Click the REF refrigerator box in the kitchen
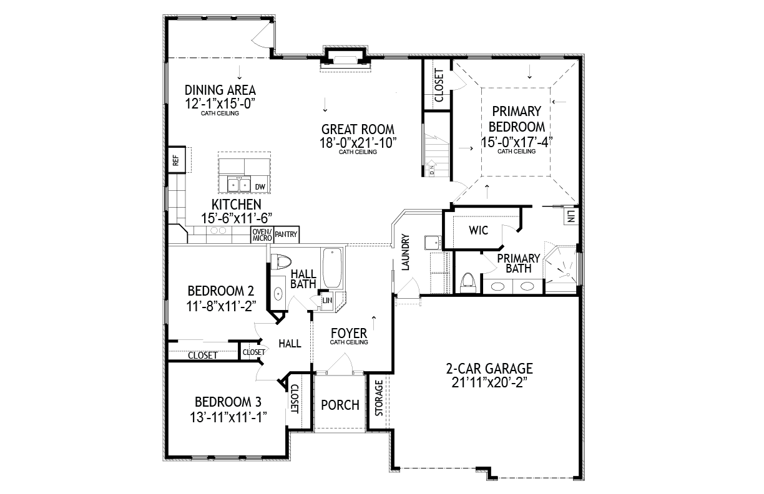coord(177,160)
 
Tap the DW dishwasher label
coord(260,187)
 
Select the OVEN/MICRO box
coord(262,235)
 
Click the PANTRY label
coord(286,235)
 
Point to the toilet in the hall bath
coord(281,262)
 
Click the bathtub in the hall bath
coord(332,268)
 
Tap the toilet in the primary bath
coord(468,283)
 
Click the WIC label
coord(478,230)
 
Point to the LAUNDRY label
coord(405,252)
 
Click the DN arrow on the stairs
coord(432,167)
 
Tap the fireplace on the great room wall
coord(346,59)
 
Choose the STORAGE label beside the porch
coord(379,398)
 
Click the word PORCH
coord(340,405)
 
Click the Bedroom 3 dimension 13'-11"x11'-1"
coord(228,417)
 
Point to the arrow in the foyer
coord(374,323)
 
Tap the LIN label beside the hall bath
coord(327,301)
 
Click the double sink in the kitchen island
coord(239,185)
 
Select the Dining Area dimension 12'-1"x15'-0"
coord(220,104)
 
